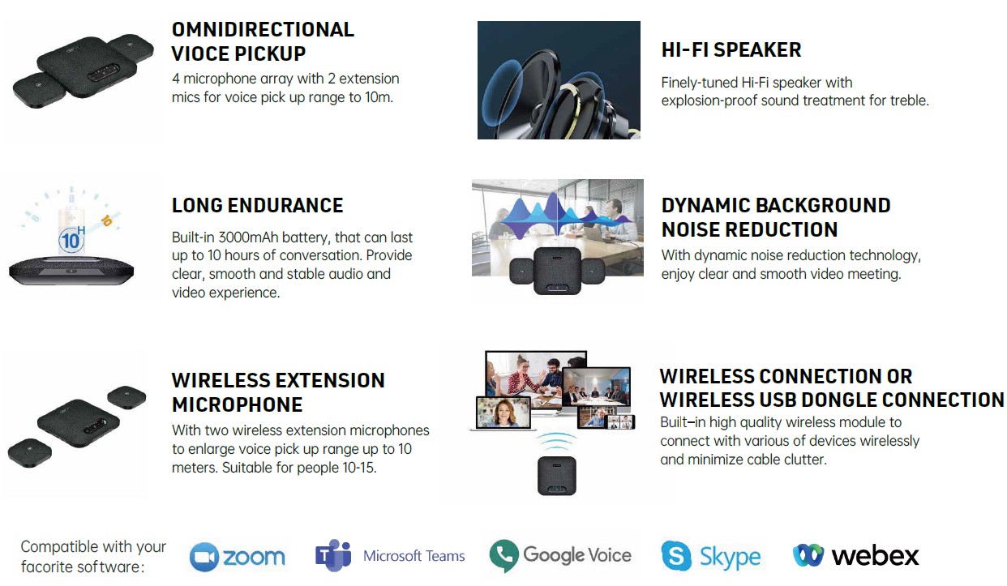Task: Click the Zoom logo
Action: coord(238,557)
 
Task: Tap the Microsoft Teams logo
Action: coord(390,556)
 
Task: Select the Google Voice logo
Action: coord(560,555)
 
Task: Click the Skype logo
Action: coord(711,557)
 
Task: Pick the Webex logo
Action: coord(855,556)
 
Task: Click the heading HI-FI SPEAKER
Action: coord(731,50)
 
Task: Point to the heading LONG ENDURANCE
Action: coord(257,206)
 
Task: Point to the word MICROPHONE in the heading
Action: coord(237,404)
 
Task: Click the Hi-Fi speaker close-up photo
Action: coord(559,80)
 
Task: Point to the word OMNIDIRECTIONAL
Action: coord(263,30)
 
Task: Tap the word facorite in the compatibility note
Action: coord(48,567)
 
